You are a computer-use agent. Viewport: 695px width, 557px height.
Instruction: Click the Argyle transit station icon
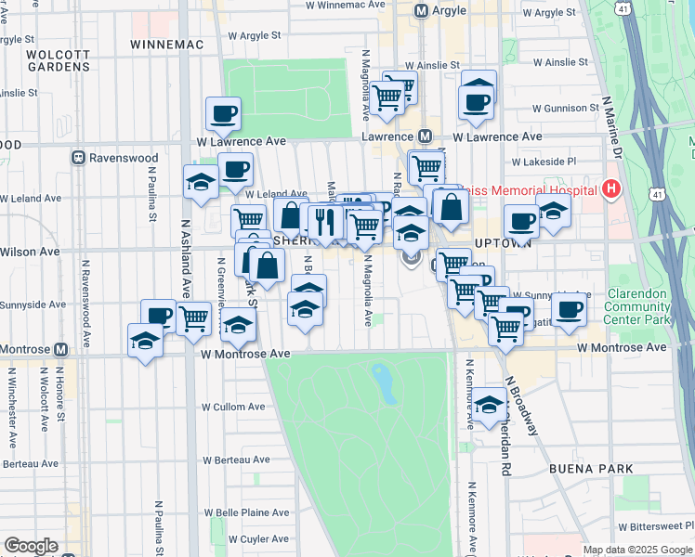pos(421,11)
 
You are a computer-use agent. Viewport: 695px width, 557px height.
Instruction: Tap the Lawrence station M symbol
pos(426,136)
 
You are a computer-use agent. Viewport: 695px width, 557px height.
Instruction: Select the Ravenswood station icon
pos(80,158)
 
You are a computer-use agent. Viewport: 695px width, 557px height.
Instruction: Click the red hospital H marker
pos(610,190)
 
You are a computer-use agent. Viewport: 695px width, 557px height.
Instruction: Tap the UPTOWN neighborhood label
pos(502,242)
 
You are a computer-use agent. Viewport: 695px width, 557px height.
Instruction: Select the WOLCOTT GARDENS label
pos(59,60)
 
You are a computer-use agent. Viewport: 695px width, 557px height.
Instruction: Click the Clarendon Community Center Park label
pos(636,306)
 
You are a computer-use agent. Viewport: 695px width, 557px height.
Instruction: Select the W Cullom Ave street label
pos(233,407)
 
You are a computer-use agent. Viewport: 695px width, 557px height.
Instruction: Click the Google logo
pos(31,546)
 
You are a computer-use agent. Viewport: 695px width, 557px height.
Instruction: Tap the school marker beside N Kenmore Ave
pos(489,405)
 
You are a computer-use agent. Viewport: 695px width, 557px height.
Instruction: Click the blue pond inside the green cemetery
pos(382,379)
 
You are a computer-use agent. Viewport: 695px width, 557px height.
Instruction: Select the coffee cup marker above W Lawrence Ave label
pos(223,114)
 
